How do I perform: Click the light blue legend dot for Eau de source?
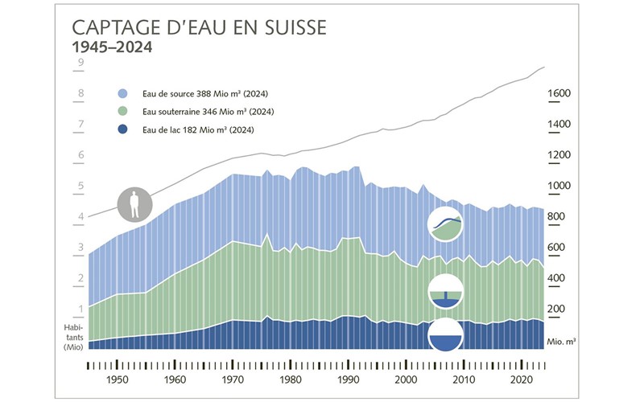[x=122, y=92]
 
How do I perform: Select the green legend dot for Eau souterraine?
[x=122, y=111]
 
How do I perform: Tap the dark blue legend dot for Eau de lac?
[x=122, y=129]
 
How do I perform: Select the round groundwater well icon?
[x=445, y=292]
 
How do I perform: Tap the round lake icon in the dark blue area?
[x=445, y=335]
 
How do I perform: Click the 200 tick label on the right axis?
[x=559, y=310]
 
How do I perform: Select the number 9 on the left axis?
[x=80, y=63]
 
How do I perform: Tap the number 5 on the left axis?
[x=80, y=187]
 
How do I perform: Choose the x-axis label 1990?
[x=348, y=379]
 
